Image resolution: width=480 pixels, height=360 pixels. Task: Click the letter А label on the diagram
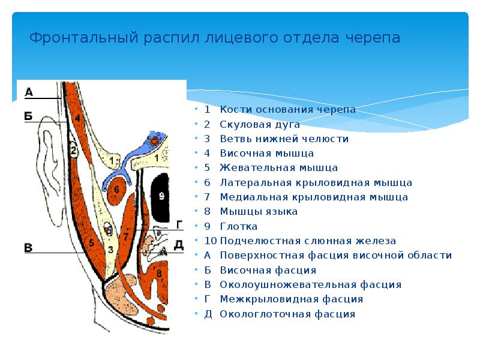pos(29,92)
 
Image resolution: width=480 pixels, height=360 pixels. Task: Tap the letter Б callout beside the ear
pos(29,116)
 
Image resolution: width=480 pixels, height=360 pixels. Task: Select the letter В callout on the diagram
pos(28,247)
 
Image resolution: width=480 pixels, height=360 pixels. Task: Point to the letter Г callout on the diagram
pos(179,224)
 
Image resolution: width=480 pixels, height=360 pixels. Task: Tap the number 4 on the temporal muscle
pos(77,120)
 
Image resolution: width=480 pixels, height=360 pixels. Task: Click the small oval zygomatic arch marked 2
pos(73,151)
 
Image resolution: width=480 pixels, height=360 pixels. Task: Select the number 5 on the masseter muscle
pos(92,243)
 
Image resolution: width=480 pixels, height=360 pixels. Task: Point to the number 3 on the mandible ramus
pos(110,248)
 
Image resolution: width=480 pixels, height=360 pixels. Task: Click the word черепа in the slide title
pos(372,38)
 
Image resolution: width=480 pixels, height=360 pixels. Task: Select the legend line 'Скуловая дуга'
pos(259,124)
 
